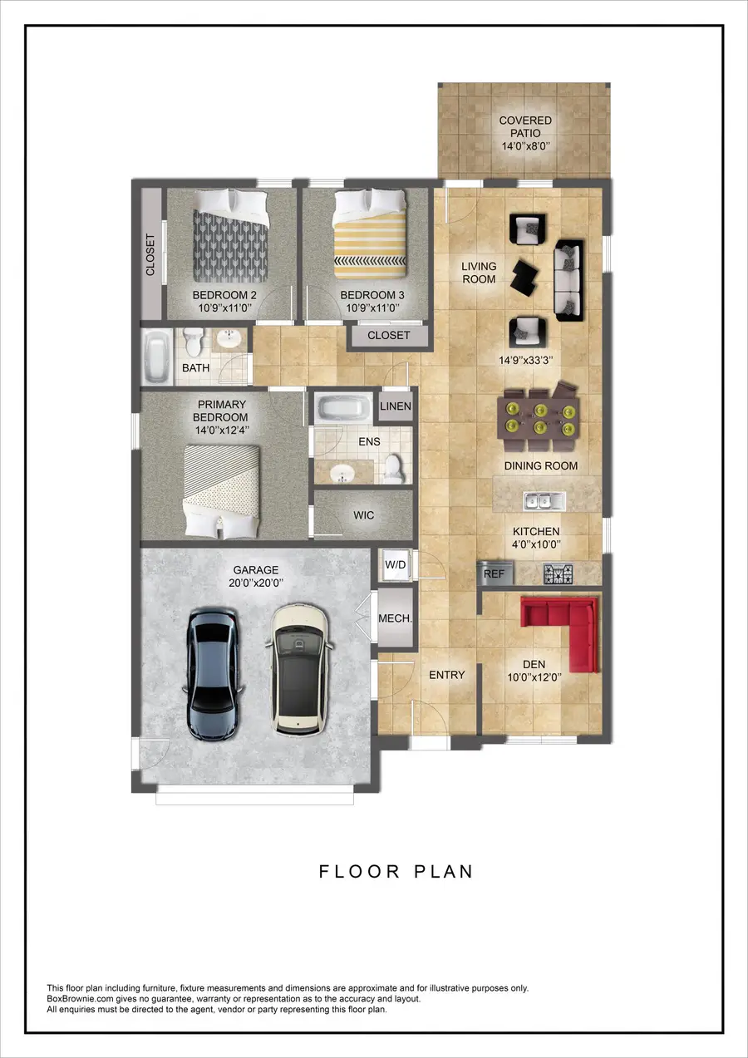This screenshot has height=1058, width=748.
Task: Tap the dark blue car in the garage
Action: tap(215, 673)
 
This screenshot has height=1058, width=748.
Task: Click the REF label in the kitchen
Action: tap(495, 573)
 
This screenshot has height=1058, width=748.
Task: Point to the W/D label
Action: tap(396, 565)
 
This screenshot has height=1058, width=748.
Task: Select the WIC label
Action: tap(363, 515)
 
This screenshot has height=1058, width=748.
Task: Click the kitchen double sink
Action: tap(544, 500)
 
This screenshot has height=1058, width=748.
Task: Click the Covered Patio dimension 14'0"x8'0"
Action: tap(525, 146)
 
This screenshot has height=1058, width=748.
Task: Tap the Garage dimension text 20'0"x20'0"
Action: tap(256, 583)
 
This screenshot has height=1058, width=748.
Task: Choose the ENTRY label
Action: tap(446, 675)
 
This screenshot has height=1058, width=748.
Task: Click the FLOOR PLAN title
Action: tap(396, 872)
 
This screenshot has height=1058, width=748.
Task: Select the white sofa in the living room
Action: tap(568, 279)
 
